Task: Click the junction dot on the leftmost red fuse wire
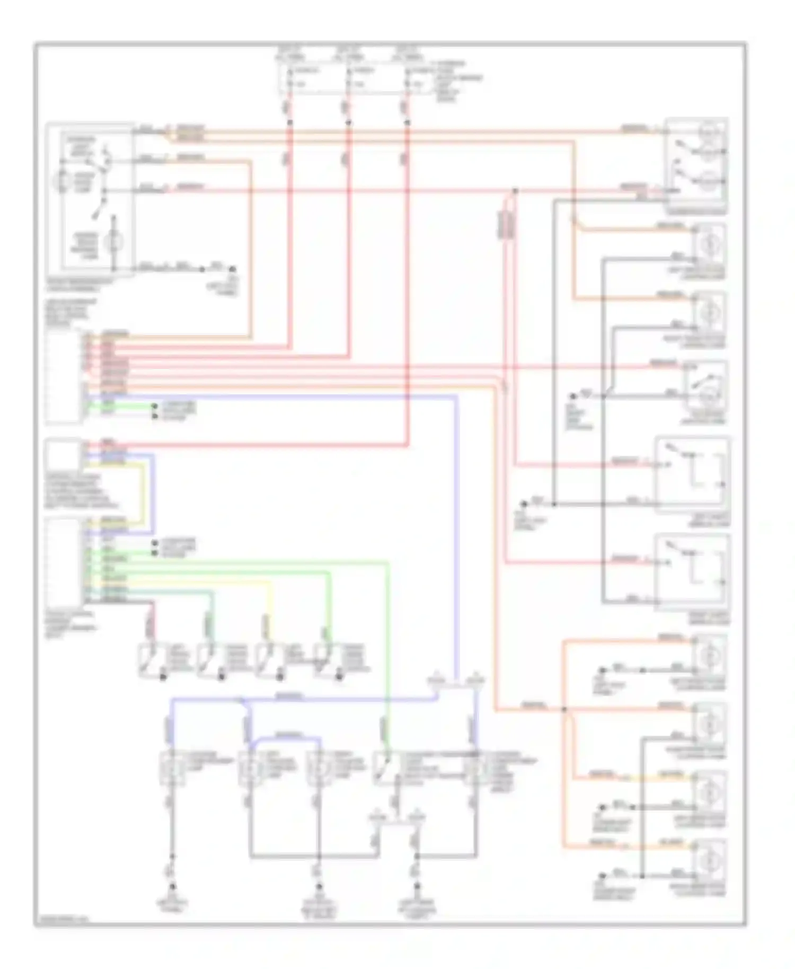[x=290, y=122]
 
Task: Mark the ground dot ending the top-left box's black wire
[x=231, y=269]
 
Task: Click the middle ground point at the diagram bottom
[x=319, y=886]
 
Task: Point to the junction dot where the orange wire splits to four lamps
[x=563, y=709]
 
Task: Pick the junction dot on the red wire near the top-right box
[x=515, y=190]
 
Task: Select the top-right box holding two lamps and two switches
[x=696, y=165]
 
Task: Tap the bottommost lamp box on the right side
[x=709, y=860]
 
